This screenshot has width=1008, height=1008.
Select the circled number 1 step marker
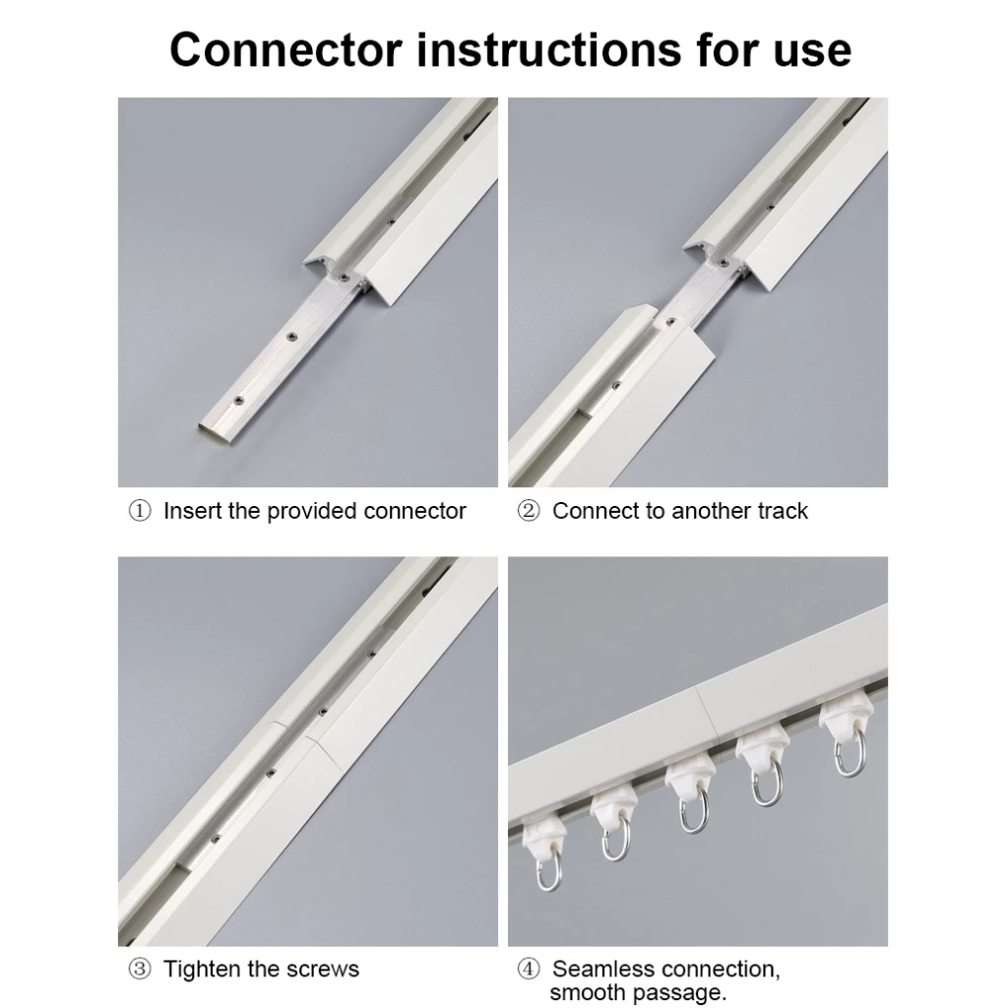click(x=141, y=511)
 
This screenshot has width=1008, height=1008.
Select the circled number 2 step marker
click(x=529, y=511)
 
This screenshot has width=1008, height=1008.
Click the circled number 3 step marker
click(x=141, y=970)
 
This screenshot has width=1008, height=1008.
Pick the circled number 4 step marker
click(x=529, y=970)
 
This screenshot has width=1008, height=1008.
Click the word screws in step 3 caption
click(x=327, y=970)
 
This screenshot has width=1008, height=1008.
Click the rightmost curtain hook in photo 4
click(x=848, y=748)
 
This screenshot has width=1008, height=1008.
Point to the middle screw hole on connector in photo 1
click(x=292, y=337)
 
